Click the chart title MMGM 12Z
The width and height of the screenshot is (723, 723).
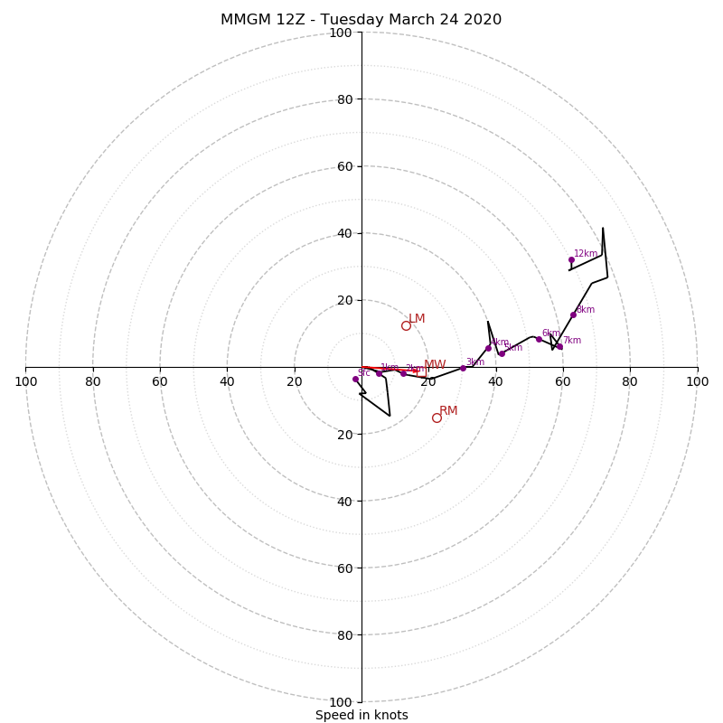click(361, 20)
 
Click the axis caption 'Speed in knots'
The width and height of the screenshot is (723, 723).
click(361, 715)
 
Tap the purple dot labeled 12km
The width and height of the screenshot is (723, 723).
click(571, 259)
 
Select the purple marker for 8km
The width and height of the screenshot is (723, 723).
click(573, 315)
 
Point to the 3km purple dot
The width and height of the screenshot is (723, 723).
click(463, 368)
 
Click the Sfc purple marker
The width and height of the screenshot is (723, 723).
click(355, 379)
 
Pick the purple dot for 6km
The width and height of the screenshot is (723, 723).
click(539, 339)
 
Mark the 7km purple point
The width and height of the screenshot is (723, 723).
click(559, 346)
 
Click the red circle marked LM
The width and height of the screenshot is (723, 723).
click(406, 325)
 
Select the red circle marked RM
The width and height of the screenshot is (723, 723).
click(437, 418)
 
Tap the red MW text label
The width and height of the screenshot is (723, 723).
click(435, 365)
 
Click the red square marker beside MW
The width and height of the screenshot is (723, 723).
click(415, 371)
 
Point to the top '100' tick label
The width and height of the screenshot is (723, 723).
click(341, 33)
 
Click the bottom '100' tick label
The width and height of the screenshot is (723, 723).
click(341, 702)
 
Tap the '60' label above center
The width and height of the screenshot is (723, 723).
click(344, 166)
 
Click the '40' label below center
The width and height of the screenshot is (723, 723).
click(344, 501)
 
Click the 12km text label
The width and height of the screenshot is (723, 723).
click(586, 254)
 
